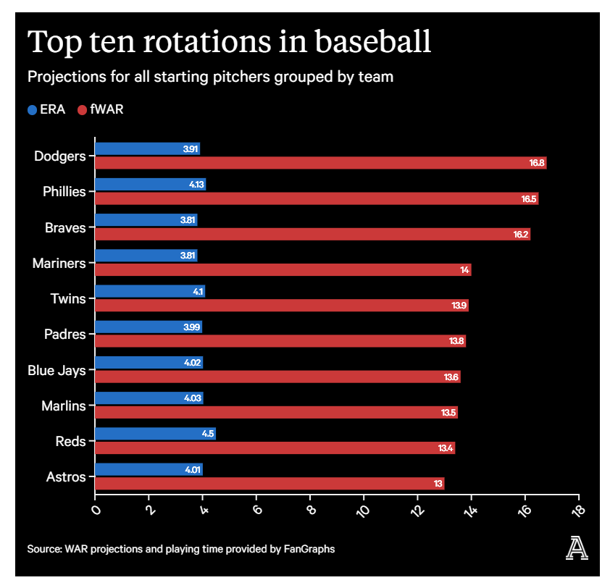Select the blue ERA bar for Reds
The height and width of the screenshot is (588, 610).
click(x=155, y=434)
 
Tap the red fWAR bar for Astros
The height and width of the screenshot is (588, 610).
click(x=269, y=484)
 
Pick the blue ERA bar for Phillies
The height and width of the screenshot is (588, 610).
click(x=150, y=185)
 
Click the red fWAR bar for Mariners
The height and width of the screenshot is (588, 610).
click(x=283, y=270)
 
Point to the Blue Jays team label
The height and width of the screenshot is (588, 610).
click(x=57, y=370)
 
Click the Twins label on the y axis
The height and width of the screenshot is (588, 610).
click(x=68, y=298)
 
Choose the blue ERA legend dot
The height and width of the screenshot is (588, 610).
click(x=32, y=110)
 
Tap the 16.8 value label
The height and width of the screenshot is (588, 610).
click(x=536, y=163)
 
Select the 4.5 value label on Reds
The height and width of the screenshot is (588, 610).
click(x=206, y=434)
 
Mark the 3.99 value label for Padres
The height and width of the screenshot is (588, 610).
click(x=192, y=327)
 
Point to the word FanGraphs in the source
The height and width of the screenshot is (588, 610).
click(x=309, y=549)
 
